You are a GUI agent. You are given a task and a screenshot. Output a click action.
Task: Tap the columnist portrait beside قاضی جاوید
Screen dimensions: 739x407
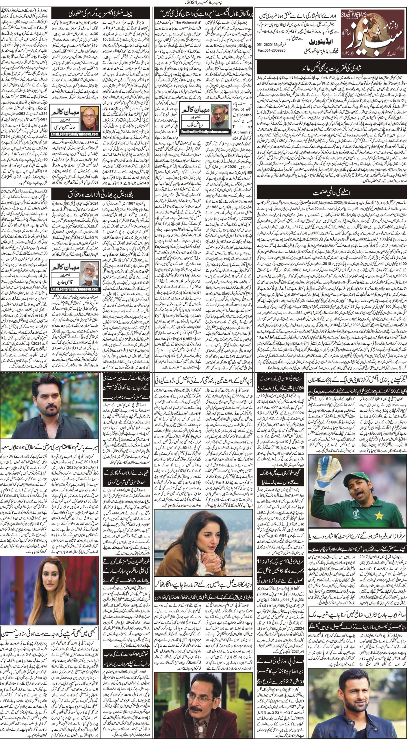pos(90,270)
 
